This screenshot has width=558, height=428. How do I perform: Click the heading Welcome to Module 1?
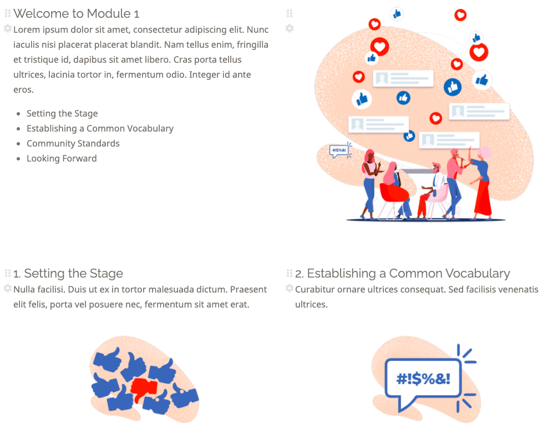click(76, 13)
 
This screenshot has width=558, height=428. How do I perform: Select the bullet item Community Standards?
click(73, 143)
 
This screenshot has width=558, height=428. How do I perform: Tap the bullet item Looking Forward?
click(62, 158)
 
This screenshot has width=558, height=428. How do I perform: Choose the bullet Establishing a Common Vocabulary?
click(100, 128)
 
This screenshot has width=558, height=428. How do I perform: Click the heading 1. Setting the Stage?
click(68, 273)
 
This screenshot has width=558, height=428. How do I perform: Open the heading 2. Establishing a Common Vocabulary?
click(402, 273)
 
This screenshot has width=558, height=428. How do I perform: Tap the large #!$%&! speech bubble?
click(423, 379)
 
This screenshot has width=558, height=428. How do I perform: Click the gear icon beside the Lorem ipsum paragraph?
click(8, 28)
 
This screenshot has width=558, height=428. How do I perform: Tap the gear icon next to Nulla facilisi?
click(8, 288)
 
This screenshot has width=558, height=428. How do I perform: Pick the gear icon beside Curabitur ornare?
click(289, 288)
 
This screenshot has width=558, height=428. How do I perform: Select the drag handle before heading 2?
click(289, 273)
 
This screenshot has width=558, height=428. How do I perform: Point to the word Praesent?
click(248, 289)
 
